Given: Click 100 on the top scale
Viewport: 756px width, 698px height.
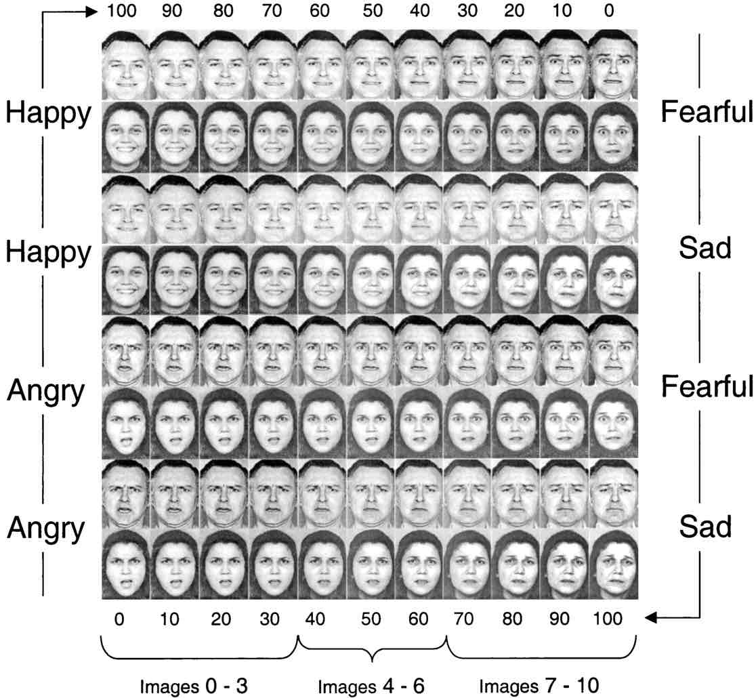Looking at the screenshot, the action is (121, 11).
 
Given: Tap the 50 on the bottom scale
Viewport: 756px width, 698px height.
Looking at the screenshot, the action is (371, 619).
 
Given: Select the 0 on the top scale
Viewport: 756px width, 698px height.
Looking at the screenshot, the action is (609, 11).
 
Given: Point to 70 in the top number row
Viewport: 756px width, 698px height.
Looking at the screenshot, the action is (272, 11).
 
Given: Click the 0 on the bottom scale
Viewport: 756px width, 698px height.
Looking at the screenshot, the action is (119, 619).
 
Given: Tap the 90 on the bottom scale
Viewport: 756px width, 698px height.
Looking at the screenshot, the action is (560, 619).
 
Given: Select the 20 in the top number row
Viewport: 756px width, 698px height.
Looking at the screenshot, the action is (514, 11).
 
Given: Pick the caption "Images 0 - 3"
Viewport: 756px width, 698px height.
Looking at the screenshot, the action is (194, 686).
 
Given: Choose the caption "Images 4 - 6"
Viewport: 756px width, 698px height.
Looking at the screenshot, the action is (371, 686).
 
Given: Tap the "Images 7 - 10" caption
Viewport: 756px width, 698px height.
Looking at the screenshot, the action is (539, 685).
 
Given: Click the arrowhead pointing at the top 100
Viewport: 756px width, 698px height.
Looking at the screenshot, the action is (91, 12).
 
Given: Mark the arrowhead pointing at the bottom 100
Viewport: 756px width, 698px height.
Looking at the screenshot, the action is (651, 617).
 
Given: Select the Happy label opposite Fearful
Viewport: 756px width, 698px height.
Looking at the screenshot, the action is (48, 114).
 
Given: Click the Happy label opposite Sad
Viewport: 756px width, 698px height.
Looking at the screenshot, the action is (48, 252).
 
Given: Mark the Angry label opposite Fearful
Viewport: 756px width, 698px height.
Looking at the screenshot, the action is (46, 390).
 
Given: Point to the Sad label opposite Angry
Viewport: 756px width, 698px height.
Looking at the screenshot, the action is (705, 527).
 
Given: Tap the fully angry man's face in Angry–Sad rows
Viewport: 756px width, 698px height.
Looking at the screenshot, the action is (126, 493).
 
